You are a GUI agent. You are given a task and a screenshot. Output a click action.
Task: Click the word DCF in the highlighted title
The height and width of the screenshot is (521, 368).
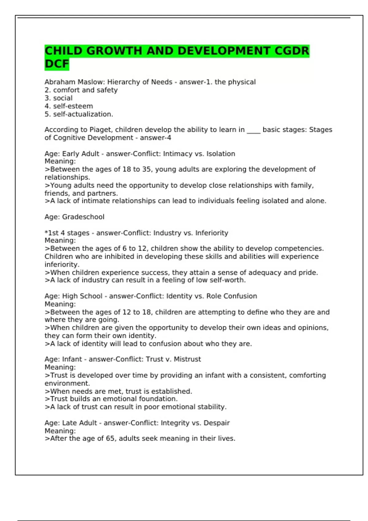(x=57, y=64)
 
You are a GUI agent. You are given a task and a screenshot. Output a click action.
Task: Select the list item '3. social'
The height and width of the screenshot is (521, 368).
(x=59, y=98)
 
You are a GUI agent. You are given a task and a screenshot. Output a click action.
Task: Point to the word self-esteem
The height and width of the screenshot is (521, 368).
(x=73, y=106)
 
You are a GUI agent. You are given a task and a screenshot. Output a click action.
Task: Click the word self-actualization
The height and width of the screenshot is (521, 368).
(x=83, y=114)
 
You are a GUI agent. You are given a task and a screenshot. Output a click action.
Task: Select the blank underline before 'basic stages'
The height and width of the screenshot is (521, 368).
(x=253, y=131)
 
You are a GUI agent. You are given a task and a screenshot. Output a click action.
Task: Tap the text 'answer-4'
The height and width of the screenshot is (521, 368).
(x=155, y=138)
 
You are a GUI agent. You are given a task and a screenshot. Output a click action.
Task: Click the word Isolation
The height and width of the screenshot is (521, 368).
(x=220, y=154)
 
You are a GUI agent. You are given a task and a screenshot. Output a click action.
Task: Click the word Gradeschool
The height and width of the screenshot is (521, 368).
(x=83, y=217)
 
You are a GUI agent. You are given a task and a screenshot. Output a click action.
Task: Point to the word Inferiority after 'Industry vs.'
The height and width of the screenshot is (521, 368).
(x=212, y=233)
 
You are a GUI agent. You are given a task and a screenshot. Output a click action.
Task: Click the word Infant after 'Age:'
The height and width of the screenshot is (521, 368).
(x=72, y=359)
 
